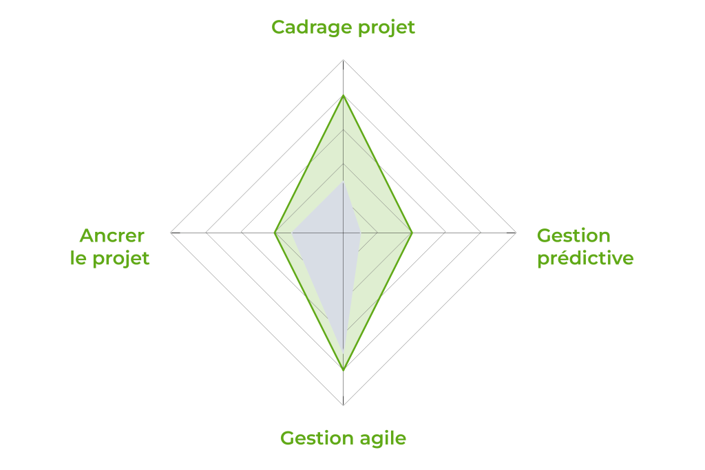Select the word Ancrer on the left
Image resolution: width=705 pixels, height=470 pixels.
tap(112, 235)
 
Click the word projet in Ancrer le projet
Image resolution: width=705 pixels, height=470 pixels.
tap(120, 259)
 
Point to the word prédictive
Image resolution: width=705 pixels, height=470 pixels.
tap(585, 259)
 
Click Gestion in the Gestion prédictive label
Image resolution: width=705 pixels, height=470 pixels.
tap(574, 235)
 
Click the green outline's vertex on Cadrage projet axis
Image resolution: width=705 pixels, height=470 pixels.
tap(343, 96)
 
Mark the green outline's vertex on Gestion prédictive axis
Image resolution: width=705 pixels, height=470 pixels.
tap(412, 233)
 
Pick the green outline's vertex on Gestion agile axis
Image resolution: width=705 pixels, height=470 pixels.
tap(343, 370)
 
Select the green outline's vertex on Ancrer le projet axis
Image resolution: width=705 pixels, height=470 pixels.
tap(275, 233)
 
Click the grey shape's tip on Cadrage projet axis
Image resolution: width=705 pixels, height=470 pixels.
tap(343, 182)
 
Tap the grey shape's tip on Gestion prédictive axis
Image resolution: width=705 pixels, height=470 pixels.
tap(361, 233)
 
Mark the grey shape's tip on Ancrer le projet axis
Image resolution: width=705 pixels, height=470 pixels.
tap(292, 233)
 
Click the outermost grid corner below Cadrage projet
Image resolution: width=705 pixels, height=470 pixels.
tap(343, 60)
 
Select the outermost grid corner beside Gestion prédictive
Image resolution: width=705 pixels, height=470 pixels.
tap(516, 233)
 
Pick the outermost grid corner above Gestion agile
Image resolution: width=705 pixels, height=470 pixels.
tap(343, 405)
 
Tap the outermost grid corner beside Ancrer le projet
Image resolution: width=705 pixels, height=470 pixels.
tap(171, 233)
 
